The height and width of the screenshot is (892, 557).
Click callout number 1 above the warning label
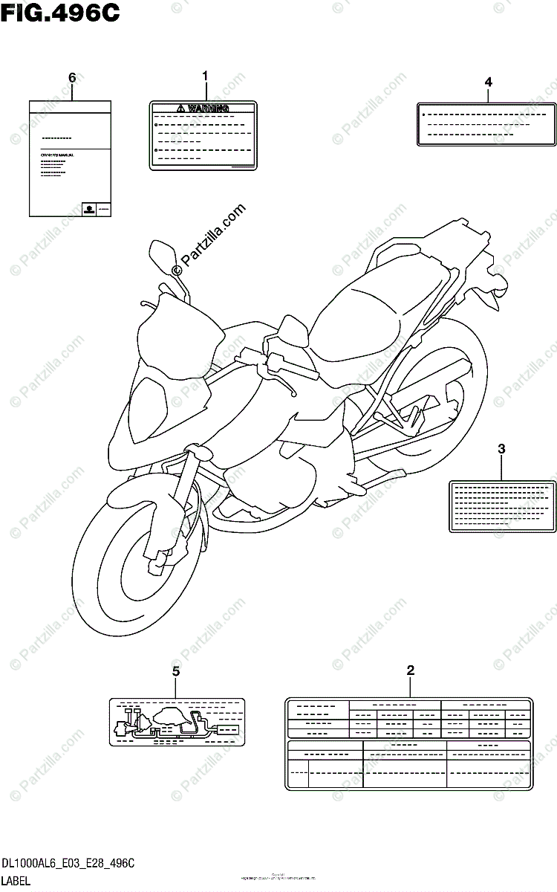[x=206, y=76]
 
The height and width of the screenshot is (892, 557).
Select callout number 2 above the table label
[x=411, y=670]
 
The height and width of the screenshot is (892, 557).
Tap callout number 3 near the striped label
[x=501, y=448]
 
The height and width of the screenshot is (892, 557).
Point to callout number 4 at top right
[x=488, y=82]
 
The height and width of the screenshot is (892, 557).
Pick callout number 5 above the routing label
[x=176, y=672]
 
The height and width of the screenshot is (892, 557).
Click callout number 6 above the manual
[x=72, y=77]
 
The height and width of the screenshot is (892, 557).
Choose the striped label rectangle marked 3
[x=501, y=505]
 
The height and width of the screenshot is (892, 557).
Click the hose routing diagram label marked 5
[x=177, y=722]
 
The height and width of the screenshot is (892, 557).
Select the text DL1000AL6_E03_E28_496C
[x=68, y=864]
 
